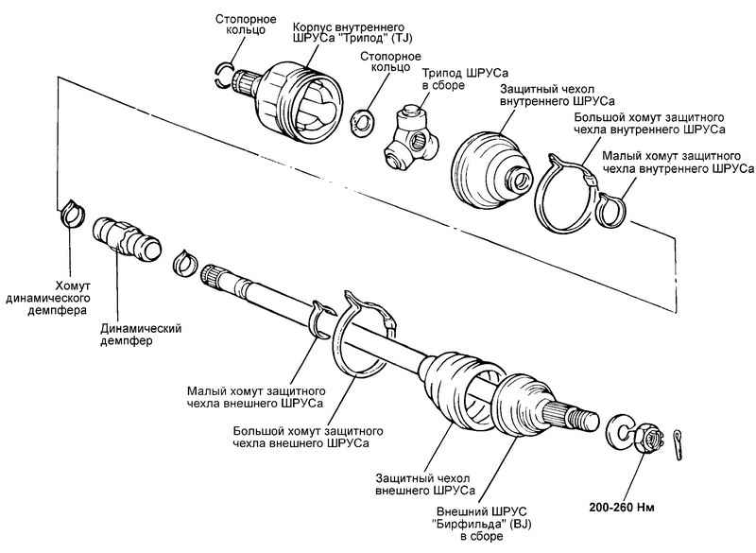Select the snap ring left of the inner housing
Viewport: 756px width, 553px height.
coord(224,76)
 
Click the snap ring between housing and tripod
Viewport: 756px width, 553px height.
coord(360,121)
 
